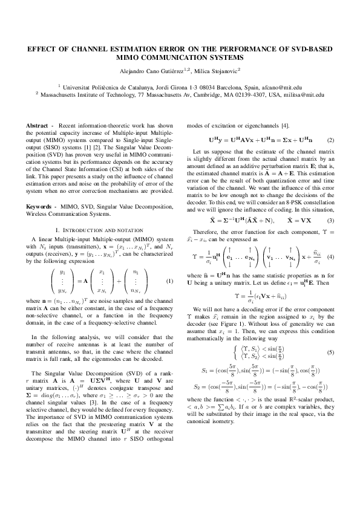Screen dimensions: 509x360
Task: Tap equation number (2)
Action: [x=330, y=140]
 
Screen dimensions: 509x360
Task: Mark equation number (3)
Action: [x=330, y=221]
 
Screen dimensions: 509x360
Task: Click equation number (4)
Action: [x=330, y=256]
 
